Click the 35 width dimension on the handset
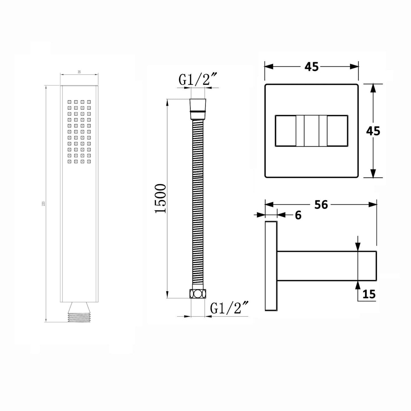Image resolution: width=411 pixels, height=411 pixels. point(79,72)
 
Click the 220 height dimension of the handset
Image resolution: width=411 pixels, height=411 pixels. point(44,204)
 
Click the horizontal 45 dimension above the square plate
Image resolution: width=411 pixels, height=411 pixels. point(311,67)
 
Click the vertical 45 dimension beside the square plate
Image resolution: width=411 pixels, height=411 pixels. point(373,131)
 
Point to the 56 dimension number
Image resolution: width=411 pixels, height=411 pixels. point(321,205)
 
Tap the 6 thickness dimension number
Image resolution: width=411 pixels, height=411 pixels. point(298,216)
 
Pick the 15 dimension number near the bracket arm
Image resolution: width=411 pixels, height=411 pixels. point(369,294)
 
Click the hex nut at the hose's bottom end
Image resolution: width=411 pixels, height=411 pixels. point(197,294)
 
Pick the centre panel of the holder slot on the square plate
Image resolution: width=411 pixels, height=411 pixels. point(311,131)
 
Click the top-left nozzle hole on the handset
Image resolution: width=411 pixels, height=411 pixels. point(69,102)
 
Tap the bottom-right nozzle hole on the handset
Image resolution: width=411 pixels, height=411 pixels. point(89,162)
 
